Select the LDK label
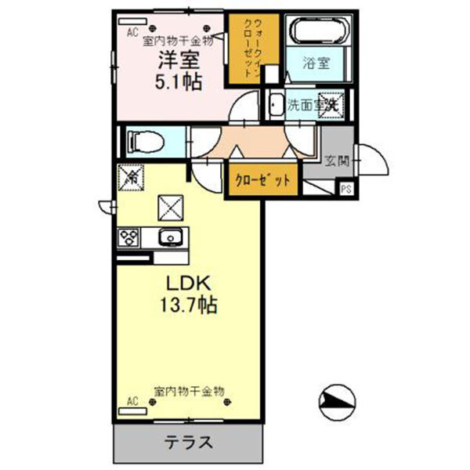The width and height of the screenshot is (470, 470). [186, 283]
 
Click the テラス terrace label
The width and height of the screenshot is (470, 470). [188, 442]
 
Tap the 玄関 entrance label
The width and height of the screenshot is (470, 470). [337, 162]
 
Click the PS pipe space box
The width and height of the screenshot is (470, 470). [345, 188]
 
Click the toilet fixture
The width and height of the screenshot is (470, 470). [146, 142]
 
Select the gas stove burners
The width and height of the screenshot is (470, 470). [128, 237]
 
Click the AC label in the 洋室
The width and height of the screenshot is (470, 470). [132, 32]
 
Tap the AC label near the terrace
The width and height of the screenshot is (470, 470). [132, 402]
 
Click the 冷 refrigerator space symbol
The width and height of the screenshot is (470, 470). [131, 178]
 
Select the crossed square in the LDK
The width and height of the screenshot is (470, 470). [170, 207]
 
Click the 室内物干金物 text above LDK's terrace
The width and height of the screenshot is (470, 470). [190, 389]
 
